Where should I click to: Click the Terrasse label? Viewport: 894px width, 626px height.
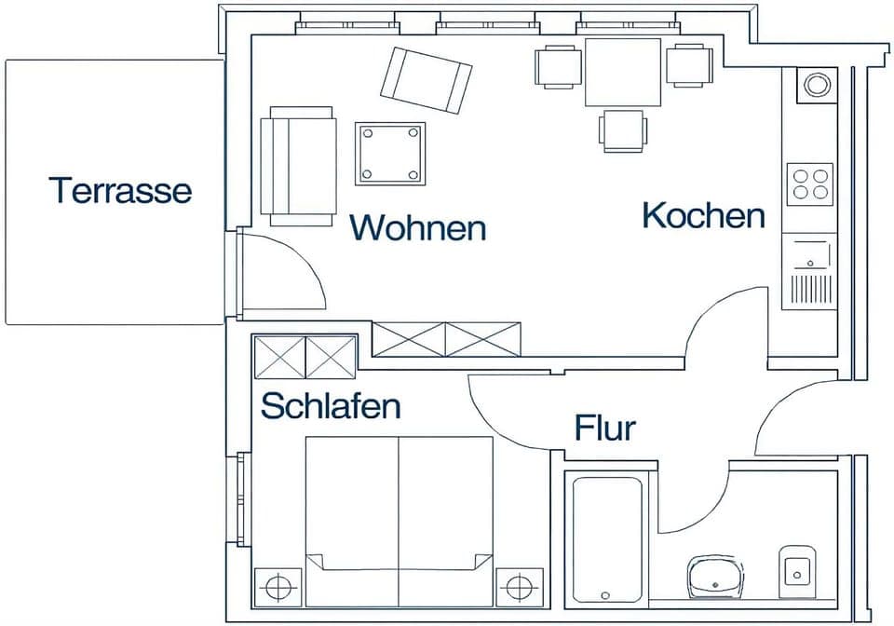tap(121, 190)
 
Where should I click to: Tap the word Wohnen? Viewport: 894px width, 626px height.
tap(418, 227)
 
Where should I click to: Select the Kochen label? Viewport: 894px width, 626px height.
tap(703, 215)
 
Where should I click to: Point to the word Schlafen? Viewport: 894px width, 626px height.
tap(331, 406)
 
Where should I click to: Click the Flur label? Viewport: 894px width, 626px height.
tap(604, 429)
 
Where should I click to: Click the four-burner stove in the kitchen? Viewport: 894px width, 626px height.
tap(809, 184)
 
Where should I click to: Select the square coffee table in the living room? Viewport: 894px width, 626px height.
tap(390, 154)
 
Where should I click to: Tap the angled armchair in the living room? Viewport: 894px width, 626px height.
tap(427, 80)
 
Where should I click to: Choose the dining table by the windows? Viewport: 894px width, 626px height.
tap(623, 72)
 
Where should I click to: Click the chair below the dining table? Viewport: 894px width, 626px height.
tap(623, 130)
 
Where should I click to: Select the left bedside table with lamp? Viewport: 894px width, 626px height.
tap(277, 587)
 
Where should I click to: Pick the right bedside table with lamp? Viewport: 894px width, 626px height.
tap(519, 587)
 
